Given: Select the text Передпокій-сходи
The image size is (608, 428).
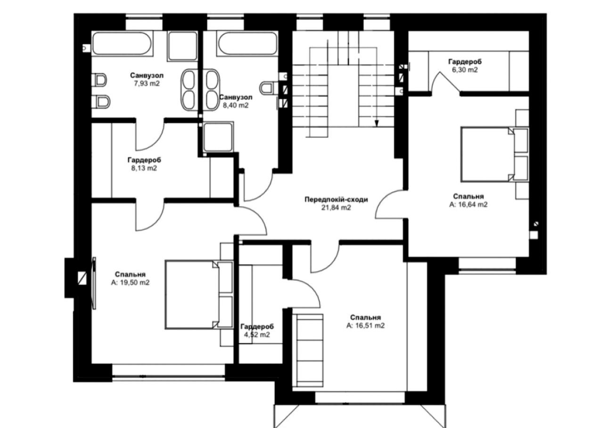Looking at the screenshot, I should pos(336,199).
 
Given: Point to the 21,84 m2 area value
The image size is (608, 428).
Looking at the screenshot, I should pos(336,207).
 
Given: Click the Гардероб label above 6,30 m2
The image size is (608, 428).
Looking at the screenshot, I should pos(465,62).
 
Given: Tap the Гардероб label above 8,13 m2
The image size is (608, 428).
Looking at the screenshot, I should pos(144,160).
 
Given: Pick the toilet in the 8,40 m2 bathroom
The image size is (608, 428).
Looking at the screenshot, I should pos(268,88).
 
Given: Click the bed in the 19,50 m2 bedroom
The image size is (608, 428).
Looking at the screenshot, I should pos(193,294).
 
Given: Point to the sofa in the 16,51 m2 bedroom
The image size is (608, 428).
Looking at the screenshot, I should pos(310,349).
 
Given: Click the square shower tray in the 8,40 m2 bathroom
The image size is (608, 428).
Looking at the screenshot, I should pos(218,137).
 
